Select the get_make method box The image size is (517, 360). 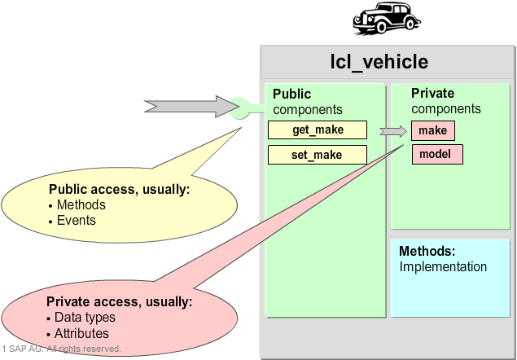tap(318, 130)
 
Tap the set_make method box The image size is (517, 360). tap(318, 155)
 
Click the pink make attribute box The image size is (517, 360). tap(432, 130)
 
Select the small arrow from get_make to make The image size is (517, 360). tap(393, 130)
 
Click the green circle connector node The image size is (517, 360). tap(239, 106)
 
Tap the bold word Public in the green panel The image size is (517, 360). tap(291, 94)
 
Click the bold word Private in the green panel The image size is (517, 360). tap(432, 94)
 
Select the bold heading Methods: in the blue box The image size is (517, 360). tap(427, 252)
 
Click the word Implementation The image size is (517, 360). tap(443, 266)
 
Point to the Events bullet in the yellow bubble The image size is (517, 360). tap(76, 220)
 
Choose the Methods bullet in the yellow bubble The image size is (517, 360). tap(81, 204)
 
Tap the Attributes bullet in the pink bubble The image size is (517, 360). tap(81, 333)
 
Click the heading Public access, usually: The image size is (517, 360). tap(119, 189)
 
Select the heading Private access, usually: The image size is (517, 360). tap(119, 301)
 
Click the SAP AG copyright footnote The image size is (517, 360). tap(61, 349)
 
